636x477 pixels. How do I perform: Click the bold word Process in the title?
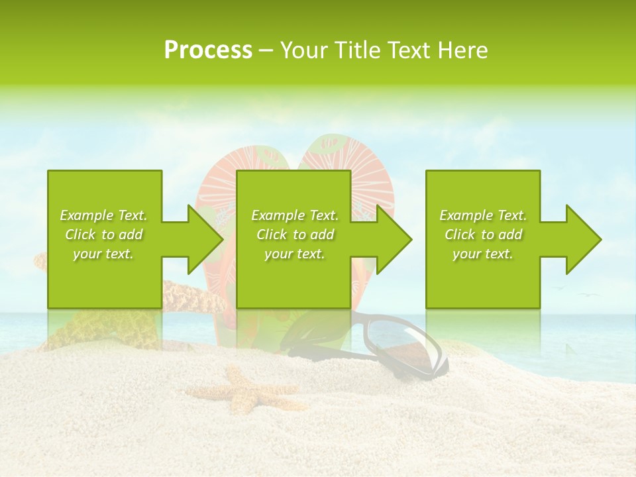point(208,50)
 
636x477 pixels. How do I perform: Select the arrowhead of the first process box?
point(205,239)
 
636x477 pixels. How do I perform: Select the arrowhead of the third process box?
point(583,239)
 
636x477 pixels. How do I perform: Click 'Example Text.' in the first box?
point(103,215)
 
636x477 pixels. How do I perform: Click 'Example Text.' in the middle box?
point(295,215)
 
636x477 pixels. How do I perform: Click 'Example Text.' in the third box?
point(483,215)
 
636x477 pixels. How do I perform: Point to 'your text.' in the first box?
point(103,254)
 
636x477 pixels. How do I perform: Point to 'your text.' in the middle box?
point(295,254)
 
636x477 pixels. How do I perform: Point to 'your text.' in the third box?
point(483,254)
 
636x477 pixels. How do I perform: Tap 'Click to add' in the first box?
point(103,235)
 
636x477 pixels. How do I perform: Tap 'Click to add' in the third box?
point(483,235)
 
